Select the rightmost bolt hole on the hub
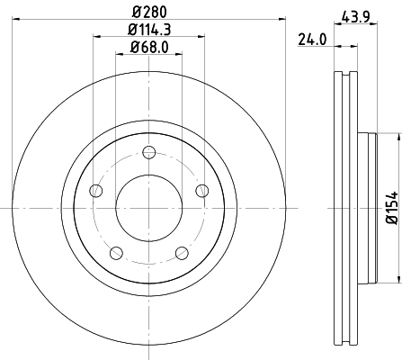pos(201,190)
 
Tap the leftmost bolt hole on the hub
pos(93,190)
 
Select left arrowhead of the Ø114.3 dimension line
pos(95,38)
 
